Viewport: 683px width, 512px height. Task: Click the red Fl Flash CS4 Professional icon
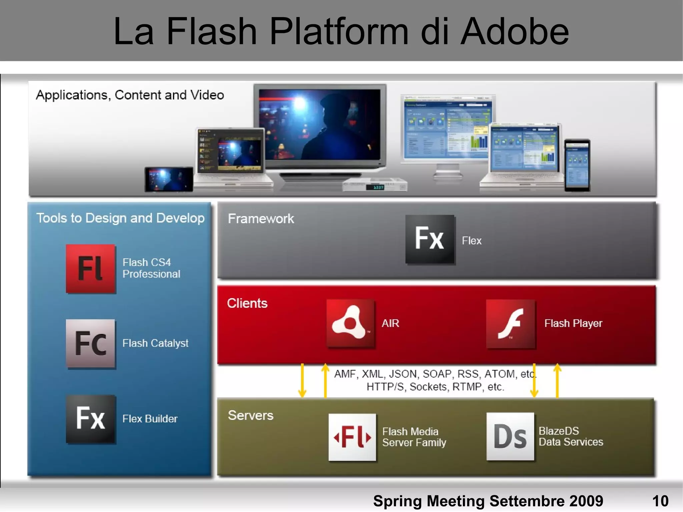point(91,269)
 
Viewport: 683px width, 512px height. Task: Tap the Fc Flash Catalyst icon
point(91,344)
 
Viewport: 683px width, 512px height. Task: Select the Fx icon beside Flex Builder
point(91,419)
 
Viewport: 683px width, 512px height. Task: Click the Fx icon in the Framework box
point(430,239)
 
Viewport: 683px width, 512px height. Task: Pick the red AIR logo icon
point(350,323)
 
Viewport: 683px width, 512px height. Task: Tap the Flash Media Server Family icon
point(352,437)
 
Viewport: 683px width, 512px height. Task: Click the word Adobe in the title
point(515,32)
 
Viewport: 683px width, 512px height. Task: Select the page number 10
point(660,501)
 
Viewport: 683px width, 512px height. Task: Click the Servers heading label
point(250,416)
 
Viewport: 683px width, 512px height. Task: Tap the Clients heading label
point(247,304)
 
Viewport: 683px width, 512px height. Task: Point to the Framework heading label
point(261,219)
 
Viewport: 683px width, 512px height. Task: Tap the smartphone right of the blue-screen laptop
point(577,165)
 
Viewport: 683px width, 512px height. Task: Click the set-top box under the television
point(375,186)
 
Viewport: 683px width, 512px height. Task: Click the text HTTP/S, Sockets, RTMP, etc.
point(435,387)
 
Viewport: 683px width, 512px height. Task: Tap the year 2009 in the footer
point(586,501)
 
